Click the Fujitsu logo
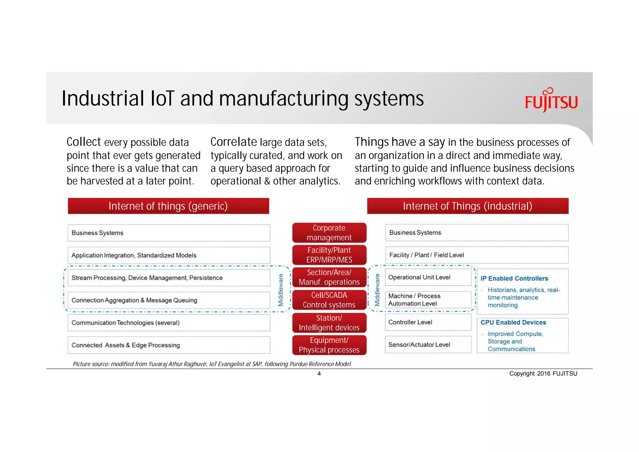coord(551,101)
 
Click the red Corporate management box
coord(329,233)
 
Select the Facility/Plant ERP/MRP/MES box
coord(329,255)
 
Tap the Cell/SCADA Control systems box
coord(329,300)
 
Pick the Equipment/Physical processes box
coord(329,345)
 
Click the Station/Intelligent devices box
coord(329,323)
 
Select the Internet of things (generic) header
coord(168,206)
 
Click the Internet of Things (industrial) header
coord(467,206)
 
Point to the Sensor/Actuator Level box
coord(428,345)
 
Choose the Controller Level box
coord(428,322)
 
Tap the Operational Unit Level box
coord(428,277)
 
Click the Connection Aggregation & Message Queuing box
coord(168,300)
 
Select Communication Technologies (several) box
coord(168,323)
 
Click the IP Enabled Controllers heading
coord(514,278)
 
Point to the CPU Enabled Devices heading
coord(513,322)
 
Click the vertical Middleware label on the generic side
coord(281,290)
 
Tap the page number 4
coord(319,374)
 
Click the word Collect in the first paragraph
coord(84,142)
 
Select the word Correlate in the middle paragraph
coord(234,142)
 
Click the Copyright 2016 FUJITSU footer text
coord(543,374)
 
